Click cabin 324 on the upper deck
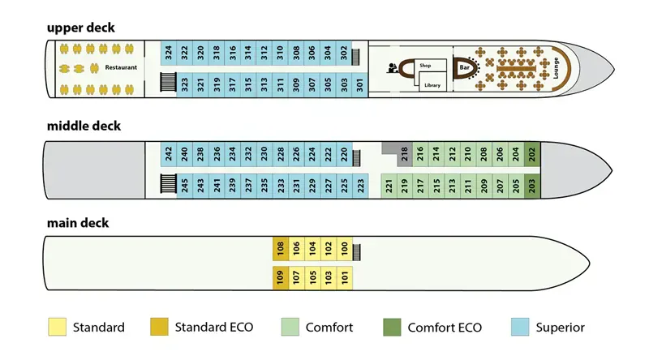click(x=168, y=54)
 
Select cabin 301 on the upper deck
click(x=360, y=84)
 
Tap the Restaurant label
click(x=121, y=68)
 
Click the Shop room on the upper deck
click(x=424, y=65)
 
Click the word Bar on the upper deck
click(x=465, y=68)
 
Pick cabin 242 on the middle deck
click(x=168, y=153)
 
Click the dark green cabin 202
click(x=531, y=153)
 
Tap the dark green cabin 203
click(x=531, y=185)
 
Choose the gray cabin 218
click(x=405, y=153)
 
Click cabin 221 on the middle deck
click(x=389, y=185)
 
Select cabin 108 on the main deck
click(x=281, y=249)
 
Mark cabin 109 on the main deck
click(x=281, y=279)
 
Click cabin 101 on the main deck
click(x=346, y=279)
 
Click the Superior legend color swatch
click(x=522, y=328)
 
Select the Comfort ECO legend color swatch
click(x=392, y=328)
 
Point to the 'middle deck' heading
click(x=84, y=126)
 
